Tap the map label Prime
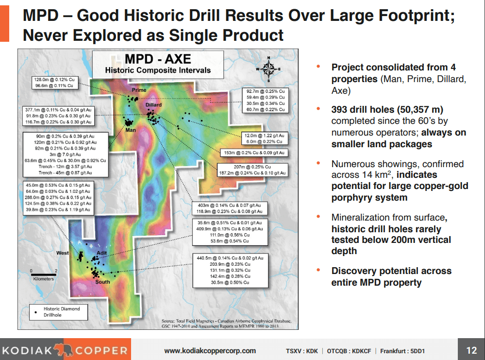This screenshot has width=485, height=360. point(139,90)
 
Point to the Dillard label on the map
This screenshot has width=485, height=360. point(153,105)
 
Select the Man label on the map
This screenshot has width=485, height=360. point(130,130)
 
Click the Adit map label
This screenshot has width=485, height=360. point(101,253)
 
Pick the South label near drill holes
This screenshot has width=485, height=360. point(102,282)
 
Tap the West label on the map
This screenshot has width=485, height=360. point(63,253)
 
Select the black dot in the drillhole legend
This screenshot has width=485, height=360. point(35,312)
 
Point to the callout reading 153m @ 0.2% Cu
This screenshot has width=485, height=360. point(253,153)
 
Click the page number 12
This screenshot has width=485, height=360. point(471,350)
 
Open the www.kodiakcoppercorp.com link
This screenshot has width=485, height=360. point(210,351)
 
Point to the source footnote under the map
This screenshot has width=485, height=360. point(226,324)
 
